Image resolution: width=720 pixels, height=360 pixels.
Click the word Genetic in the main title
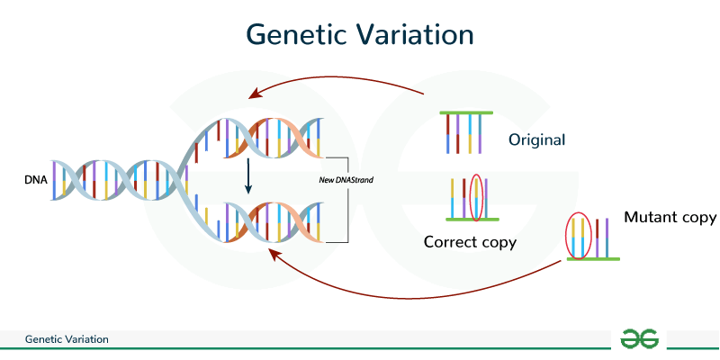(x=293, y=35)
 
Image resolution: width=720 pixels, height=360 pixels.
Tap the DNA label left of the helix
(x=36, y=180)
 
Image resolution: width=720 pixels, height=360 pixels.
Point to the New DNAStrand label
(x=346, y=180)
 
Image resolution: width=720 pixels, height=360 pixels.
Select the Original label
(x=536, y=140)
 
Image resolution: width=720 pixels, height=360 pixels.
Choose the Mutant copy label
(x=670, y=217)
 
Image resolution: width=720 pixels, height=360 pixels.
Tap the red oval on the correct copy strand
(x=477, y=198)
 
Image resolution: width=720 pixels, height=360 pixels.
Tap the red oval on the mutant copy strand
(x=576, y=235)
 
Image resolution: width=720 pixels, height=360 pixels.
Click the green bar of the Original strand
(x=466, y=112)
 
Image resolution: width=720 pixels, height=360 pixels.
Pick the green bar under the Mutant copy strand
(x=591, y=258)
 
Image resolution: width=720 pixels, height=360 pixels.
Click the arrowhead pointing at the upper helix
(x=255, y=94)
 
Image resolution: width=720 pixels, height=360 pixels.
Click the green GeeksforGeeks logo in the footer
(x=640, y=339)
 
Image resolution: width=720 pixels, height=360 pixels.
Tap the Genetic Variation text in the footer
(x=67, y=340)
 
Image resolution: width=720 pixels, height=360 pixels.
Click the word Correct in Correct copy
(x=450, y=242)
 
